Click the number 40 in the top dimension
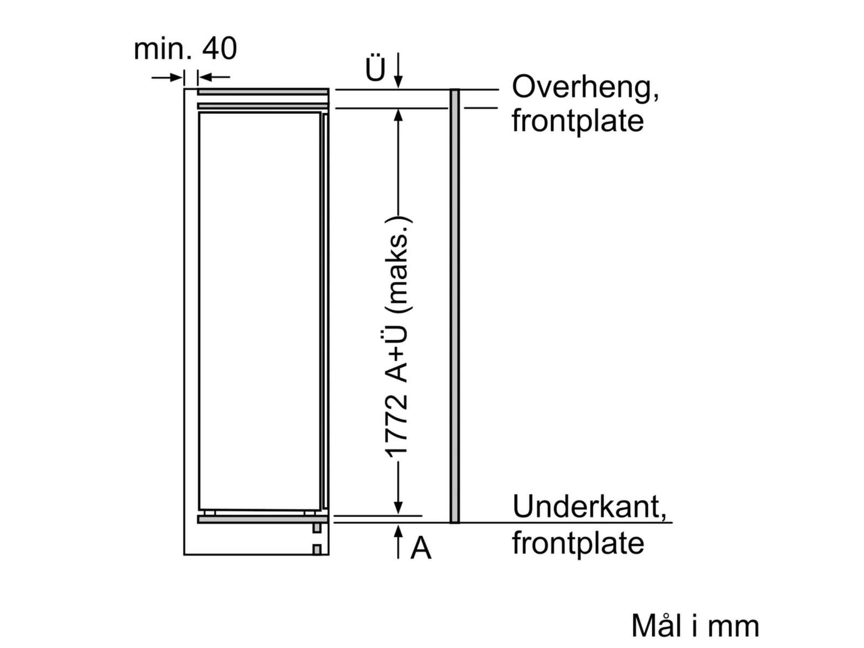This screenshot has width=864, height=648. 219,49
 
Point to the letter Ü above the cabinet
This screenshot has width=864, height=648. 375,68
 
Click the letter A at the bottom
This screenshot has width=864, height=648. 421,549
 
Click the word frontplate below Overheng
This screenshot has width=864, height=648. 577,121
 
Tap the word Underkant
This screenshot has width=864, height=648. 589,507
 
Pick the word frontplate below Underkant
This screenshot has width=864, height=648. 578,543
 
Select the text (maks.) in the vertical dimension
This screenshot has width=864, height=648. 399,264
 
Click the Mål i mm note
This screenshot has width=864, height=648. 695,626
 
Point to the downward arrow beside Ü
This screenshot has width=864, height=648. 399,70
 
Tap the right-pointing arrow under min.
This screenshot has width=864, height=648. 167,78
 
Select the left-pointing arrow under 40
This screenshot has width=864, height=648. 214,78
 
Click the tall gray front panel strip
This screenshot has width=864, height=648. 455,306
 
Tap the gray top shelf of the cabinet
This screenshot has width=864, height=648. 263,92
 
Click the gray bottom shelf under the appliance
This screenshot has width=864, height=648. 263,519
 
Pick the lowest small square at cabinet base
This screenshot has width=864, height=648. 317,550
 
